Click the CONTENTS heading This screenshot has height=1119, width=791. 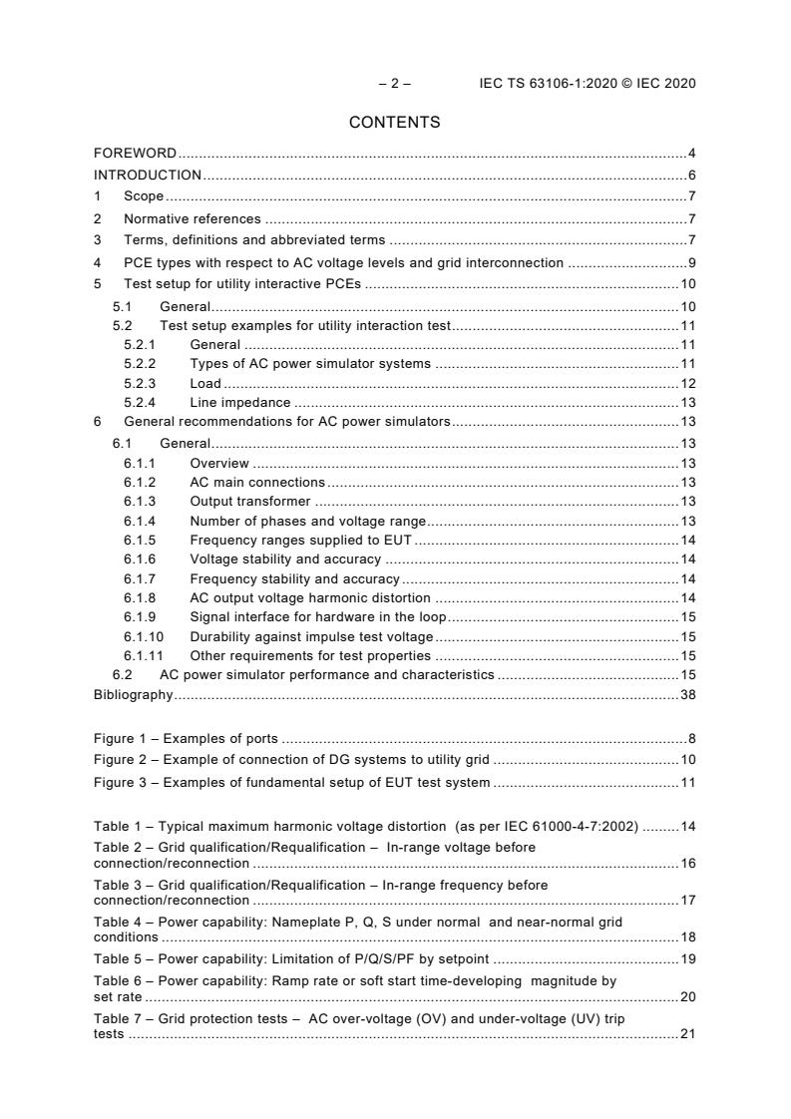pos(394,123)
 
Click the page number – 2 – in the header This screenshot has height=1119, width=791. pos(395,84)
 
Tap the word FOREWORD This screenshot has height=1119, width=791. pos(135,154)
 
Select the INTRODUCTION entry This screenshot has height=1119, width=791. pos(148,176)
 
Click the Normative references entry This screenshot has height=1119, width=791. pos(192,218)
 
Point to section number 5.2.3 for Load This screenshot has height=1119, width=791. pos(140,384)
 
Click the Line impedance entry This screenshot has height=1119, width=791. pos(239,403)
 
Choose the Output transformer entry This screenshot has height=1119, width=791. pos(249,502)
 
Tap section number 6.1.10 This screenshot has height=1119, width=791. pos(144,637)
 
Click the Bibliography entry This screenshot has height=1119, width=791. pos(133,695)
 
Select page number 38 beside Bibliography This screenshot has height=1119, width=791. pos(687,695)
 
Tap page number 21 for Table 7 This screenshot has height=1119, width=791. pos(687,1034)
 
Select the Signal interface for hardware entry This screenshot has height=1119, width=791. pos(318,618)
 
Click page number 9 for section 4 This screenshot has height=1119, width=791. pos(691,263)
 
